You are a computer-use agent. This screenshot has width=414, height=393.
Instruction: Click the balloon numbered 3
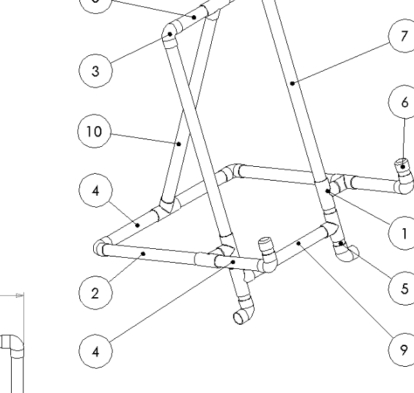click(x=95, y=70)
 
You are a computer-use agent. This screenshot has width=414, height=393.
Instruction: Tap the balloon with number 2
click(x=95, y=292)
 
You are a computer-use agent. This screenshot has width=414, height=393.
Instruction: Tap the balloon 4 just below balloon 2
click(x=95, y=351)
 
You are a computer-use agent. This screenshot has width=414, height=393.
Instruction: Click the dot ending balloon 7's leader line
click(x=293, y=83)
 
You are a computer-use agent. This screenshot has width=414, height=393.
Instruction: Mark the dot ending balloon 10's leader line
click(x=179, y=144)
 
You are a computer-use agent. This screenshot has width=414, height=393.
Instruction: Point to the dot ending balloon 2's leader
click(x=143, y=254)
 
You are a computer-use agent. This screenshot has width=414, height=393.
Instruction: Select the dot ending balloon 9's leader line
click(x=297, y=243)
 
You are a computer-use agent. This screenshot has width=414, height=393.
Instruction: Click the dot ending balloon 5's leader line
click(x=342, y=243)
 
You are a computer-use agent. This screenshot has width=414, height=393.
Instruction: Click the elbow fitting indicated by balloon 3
click(x=170, y=32)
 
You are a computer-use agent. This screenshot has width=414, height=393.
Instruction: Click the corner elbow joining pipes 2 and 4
click(x=101, y=246)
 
